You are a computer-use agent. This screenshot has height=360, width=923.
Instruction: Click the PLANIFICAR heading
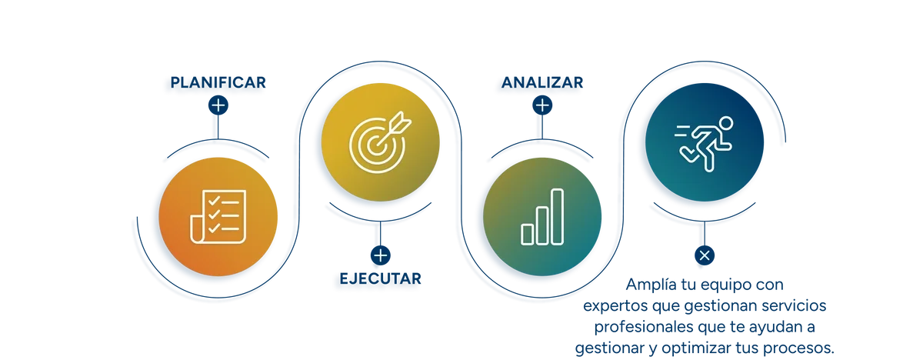pos(218,82)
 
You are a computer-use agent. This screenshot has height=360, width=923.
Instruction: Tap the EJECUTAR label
pos(380,279)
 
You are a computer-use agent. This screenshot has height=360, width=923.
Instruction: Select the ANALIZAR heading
pos(542,82)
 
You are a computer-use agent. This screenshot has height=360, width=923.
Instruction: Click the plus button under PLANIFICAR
pos(218,105)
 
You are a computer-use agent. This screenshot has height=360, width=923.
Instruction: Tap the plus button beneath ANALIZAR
pos(542,105)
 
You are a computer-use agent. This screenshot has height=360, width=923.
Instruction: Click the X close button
pos(705,255)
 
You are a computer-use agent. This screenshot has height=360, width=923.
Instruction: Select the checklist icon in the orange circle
pos(218,217)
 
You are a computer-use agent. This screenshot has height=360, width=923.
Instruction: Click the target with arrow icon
pos(380,142)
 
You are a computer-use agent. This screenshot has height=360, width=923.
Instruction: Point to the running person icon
pos(704,143)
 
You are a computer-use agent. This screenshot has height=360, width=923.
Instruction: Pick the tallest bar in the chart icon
pos(557,217)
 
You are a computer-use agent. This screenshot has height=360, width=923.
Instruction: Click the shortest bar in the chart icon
pos(528,235)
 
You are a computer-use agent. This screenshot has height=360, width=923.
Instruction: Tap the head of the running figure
pos(725,123)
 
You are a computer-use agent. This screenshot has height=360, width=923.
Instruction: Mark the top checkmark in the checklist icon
pos(214,201)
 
